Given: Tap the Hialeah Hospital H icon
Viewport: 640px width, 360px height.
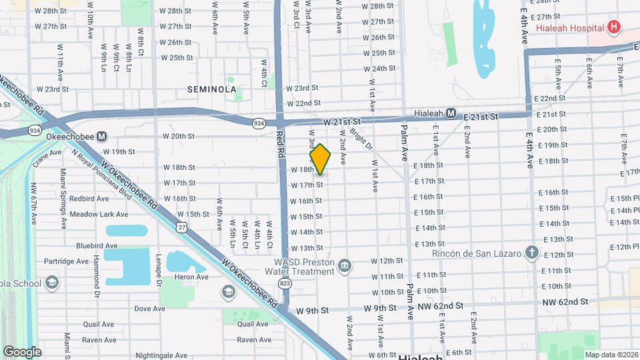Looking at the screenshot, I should point(614,28).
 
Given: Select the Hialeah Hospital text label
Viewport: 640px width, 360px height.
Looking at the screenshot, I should point(570,28).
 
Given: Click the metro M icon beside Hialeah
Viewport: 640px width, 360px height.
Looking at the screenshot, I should point(451,113).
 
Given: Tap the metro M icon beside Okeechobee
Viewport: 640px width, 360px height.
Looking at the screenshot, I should point(102,137).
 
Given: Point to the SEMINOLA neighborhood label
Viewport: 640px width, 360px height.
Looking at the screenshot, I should point(212,89).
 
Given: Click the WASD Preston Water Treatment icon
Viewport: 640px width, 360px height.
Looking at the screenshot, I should point(344,266).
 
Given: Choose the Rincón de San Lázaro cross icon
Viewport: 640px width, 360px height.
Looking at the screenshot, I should point(531,252).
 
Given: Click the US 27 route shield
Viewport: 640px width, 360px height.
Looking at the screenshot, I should point(182,227).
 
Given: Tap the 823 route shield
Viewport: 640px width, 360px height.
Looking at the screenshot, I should point(285,283).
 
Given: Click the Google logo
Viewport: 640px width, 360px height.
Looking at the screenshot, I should point(22,352).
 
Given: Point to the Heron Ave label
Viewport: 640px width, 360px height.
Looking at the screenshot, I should point(191,277).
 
